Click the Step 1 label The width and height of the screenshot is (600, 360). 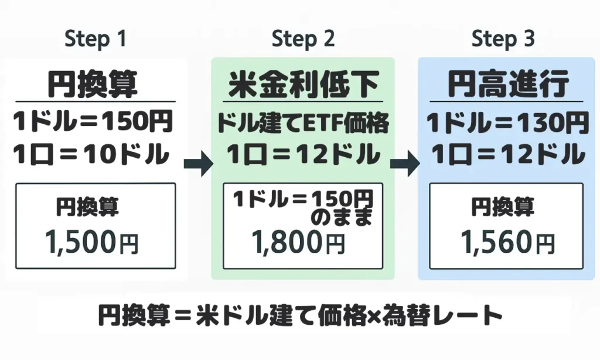pyautogui.click(x=95, y=39)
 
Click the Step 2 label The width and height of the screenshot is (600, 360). pyautogui.click(x=303, y=39)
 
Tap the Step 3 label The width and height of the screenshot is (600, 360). pyautogui.click(x=503, y=39)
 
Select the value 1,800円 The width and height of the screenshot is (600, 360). pyautogui.click(x=298, y=241)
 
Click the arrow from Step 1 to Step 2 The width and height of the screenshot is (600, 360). pyautogui.click(x=198, y=164)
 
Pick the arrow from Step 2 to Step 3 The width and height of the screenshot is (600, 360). pyautogui.click(x=404, y=164)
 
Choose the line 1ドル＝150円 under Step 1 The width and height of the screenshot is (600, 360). pyautogui.click(x=93, y=123)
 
